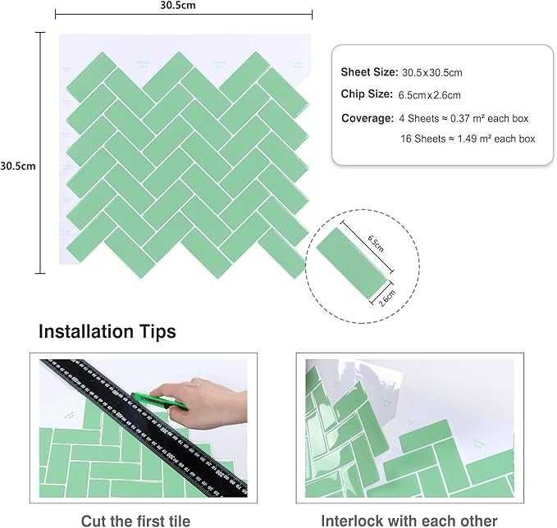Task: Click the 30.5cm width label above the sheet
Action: tap(178, 5)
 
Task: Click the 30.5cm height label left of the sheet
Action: tap(18, 166)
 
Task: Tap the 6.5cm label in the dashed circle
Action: tap(376, 244)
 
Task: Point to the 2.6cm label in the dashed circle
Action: tap(387, 298)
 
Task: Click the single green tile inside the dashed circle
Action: tap(351, 262)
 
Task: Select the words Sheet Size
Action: tap(369, 72)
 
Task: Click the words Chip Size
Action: tap(367, 94)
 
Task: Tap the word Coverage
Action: tap(368, 118)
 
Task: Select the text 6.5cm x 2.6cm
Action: tap(430, 95)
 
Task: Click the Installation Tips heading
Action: tap(107, 332)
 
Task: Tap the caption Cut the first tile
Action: tap(135, 521)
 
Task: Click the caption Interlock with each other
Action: tap(409, 521)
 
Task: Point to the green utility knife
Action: tap(159, 401)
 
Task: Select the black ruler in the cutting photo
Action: tap(144, 427)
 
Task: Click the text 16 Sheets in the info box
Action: tap(423, 139)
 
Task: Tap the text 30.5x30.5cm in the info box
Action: tap(432, 73)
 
